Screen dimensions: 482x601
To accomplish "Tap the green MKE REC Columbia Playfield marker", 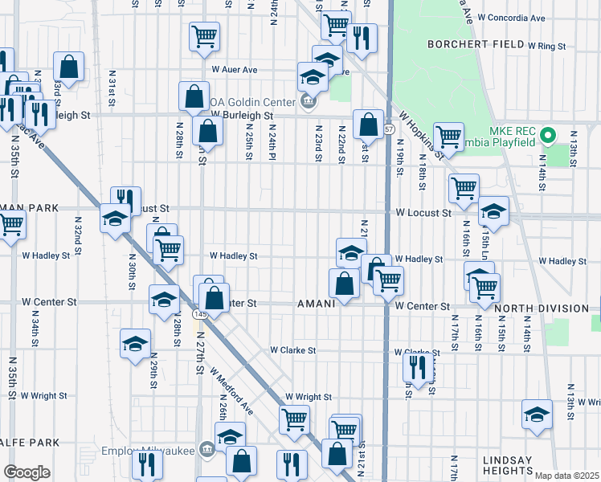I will click(550, 133).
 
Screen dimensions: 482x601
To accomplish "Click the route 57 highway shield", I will click(389, 129).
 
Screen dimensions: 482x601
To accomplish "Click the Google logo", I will click(27, 472).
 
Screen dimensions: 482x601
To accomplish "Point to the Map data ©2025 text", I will click(567, 476).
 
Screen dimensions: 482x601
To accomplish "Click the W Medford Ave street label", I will click(231, 391).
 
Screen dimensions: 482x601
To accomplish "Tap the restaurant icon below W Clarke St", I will click(415, 367).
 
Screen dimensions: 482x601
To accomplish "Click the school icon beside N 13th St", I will click(537, 415).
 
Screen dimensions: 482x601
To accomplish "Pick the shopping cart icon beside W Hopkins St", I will click(448, 137).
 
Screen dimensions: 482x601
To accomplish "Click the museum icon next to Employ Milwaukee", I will click(206, 447).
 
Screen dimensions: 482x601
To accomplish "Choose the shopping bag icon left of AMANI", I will click(344, 283).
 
